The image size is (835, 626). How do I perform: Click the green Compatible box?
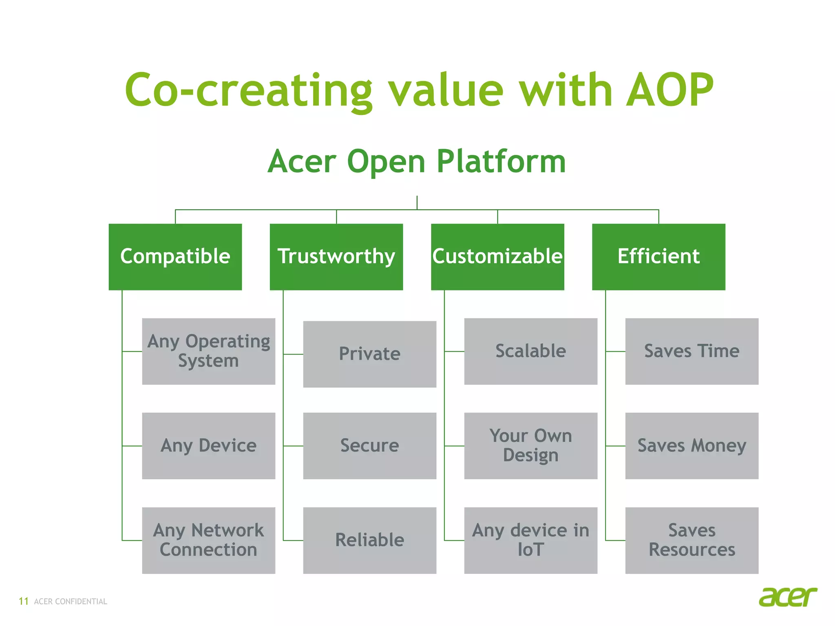point(175,257)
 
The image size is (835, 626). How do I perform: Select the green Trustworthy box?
point(336,257)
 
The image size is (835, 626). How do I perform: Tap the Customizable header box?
point(497,257)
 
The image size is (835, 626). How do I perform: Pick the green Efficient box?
point(658,257)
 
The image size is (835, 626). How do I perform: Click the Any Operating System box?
point(208,351)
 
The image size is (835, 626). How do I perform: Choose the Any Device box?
point(208,446)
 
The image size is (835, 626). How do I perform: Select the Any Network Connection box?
point(208,540)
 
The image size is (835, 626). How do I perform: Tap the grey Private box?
point(369,354)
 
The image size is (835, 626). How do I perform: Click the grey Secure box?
point(369,446)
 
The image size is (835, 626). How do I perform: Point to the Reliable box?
point(369,540)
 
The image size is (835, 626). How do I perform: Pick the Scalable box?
point(530,351)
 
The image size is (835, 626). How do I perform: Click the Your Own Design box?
point(530,446)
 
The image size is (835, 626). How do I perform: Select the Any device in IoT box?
point(530,540)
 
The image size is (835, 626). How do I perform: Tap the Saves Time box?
point(691,351)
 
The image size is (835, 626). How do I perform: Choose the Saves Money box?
point(691,446)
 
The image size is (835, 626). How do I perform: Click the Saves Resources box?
point(691,540)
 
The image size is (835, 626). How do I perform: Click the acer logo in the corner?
point(788,597)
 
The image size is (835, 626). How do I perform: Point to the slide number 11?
point(24,602)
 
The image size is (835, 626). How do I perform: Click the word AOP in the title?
point(669,90)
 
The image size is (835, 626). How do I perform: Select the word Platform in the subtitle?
point(501,162)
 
